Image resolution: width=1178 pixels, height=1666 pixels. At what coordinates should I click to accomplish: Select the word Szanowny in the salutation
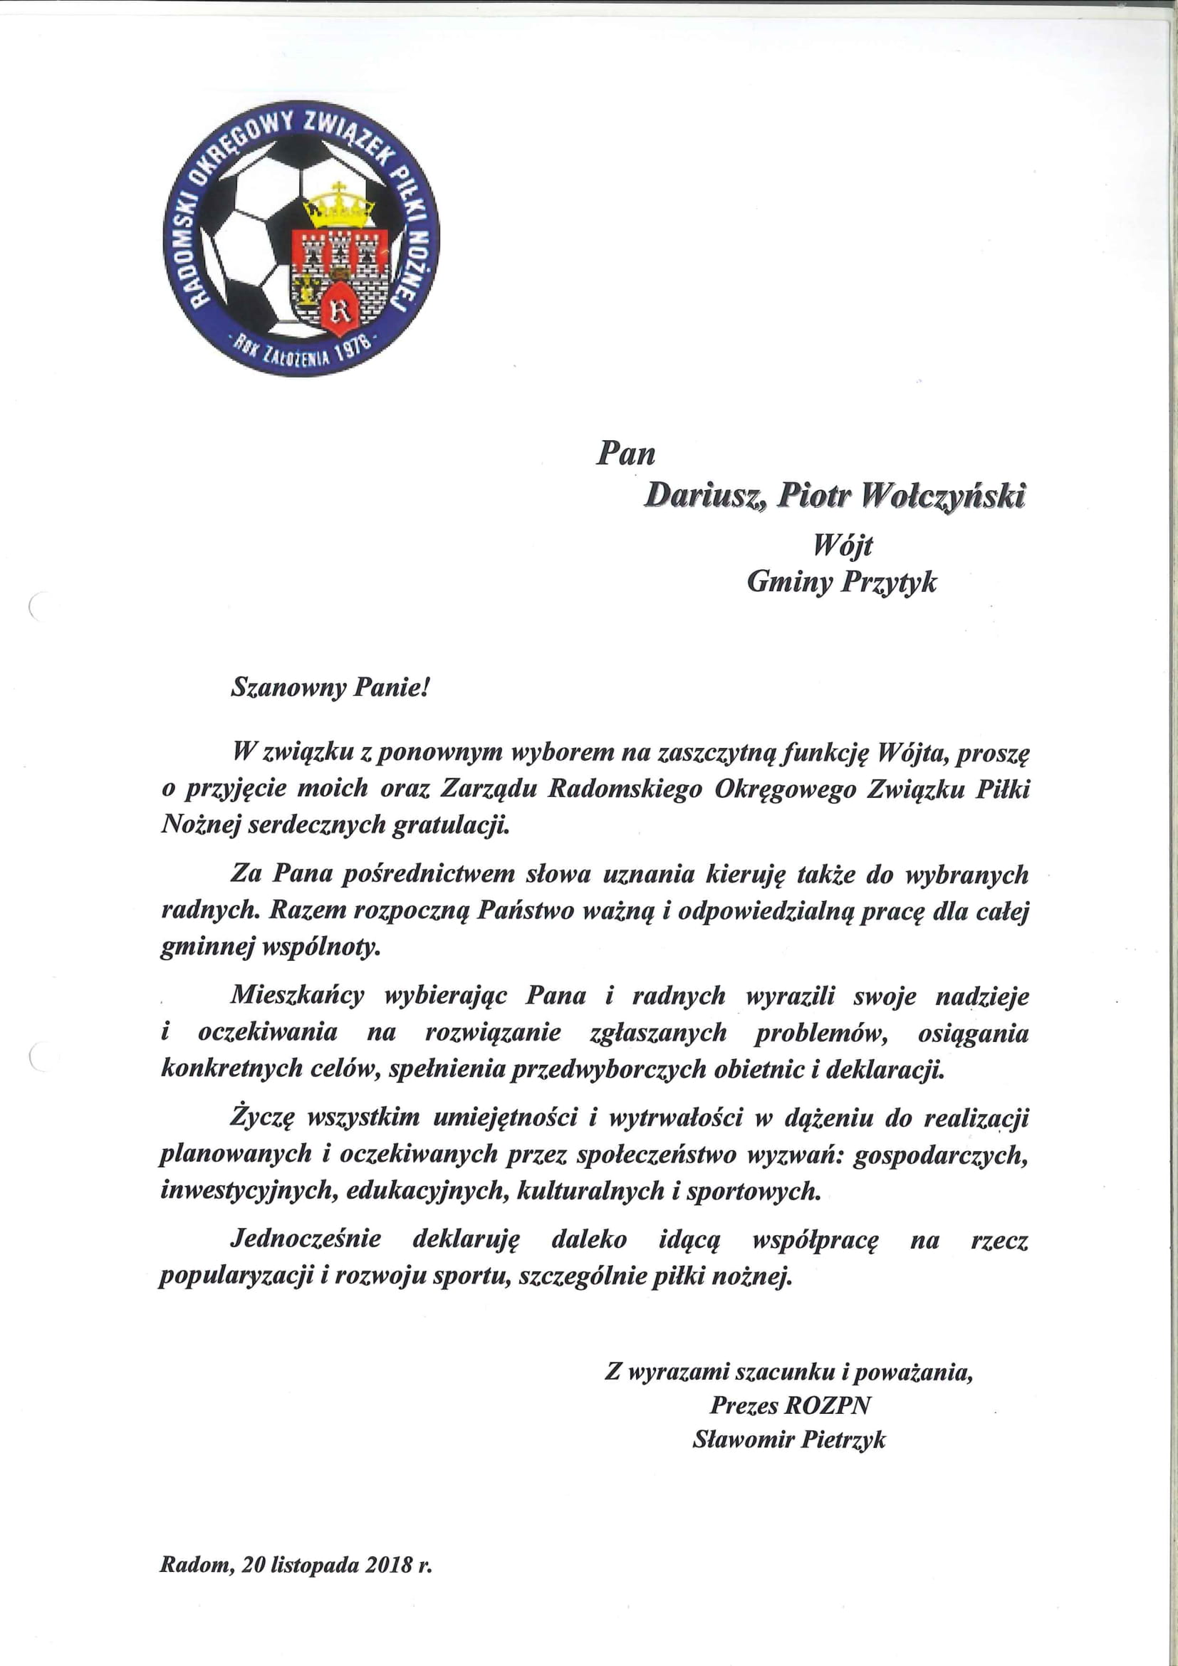tap(288, 687)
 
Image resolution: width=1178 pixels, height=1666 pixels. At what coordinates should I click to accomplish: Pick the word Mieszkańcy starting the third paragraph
tap(298, 995)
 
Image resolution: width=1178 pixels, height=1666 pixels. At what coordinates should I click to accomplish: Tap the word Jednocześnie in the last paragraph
tap(306, 1239)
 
